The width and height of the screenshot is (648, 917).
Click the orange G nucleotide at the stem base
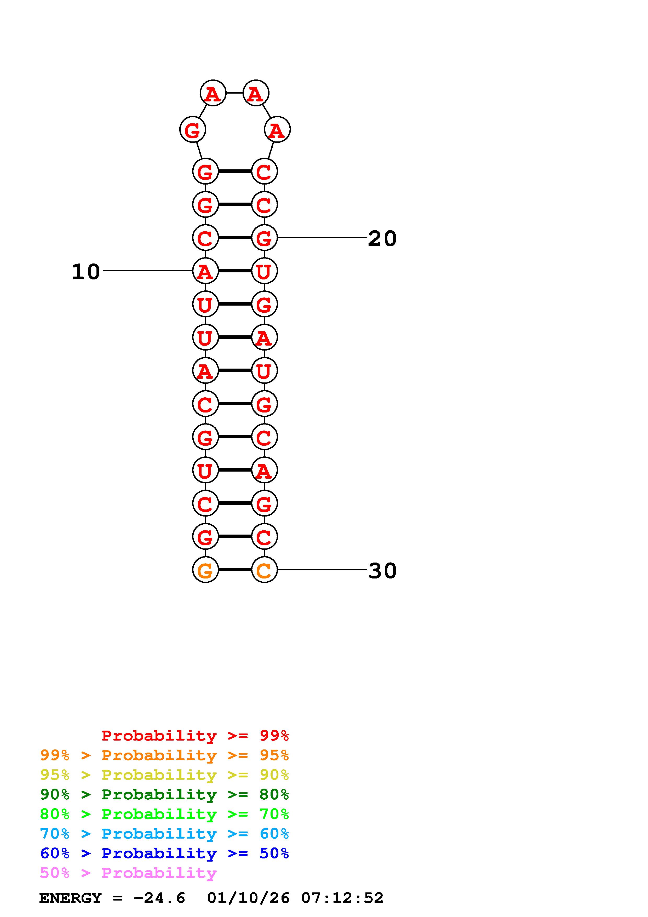[x=205, y=570]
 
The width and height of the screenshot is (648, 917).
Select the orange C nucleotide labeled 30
[x=264, y=570]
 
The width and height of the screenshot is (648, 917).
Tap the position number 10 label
[x=85, y=272]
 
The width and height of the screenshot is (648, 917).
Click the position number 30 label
[x=382, y=570]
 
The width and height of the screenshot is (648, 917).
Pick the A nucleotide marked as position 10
[x=205, y=271]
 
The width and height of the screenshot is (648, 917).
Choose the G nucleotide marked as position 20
[x=264, y=238]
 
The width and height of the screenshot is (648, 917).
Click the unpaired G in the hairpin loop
[x=192, y=130]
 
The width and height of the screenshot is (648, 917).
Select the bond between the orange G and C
[x=235, y=570]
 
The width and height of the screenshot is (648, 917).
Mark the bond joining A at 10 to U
[x=235, y=271]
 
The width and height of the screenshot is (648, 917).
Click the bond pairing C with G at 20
[x=235, y=238]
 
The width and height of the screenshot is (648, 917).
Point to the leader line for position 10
[x=148, y=271]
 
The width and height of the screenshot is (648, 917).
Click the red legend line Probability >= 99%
[x=195, y=735]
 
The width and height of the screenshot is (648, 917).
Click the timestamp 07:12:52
[x=342, y=898]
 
